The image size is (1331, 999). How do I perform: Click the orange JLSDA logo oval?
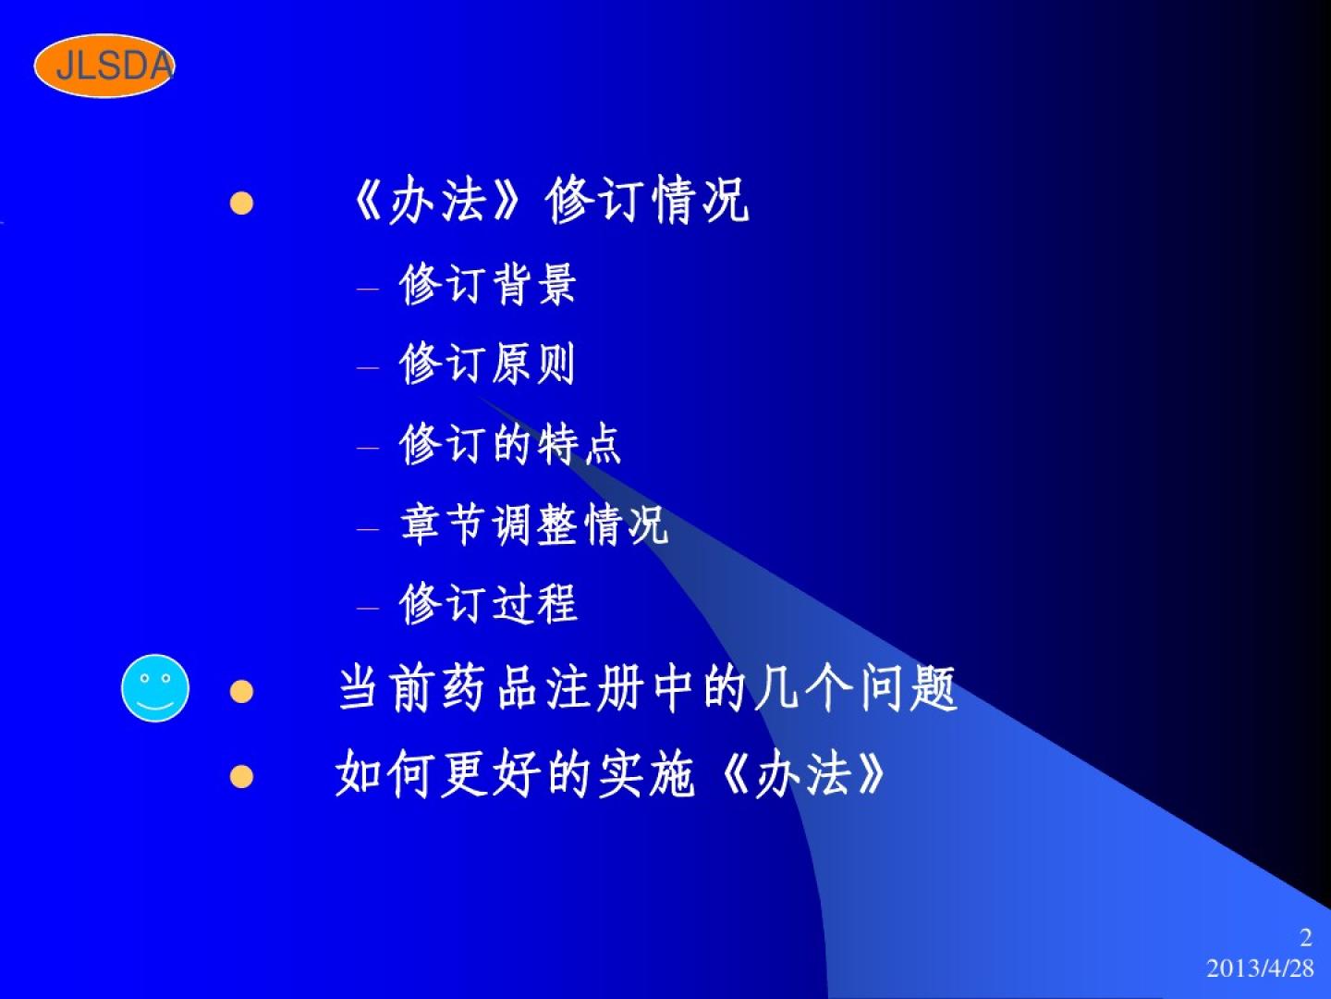[x=104, y=66]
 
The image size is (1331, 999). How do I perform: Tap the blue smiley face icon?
[x=155, y=688]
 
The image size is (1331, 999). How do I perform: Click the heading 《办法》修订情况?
[x=551, y=200]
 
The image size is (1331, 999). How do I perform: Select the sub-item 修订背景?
[x=487, y=284]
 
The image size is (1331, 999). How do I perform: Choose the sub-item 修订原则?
[x=487, y=363]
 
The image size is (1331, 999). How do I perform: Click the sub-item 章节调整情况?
[x=534, y=524]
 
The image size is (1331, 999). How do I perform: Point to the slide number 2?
[x=1306, y=938]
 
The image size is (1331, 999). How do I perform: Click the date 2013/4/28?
[x=1260, y=968]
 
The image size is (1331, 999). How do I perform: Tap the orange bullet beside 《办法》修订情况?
[x=241, y=203]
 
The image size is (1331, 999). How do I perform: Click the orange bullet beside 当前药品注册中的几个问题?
[x=241, y=692]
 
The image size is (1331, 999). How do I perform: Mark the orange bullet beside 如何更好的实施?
[x=241, y=776]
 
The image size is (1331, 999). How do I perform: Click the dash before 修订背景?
[x=368, y=289]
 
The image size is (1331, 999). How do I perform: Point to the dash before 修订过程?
[x=368, y=607]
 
